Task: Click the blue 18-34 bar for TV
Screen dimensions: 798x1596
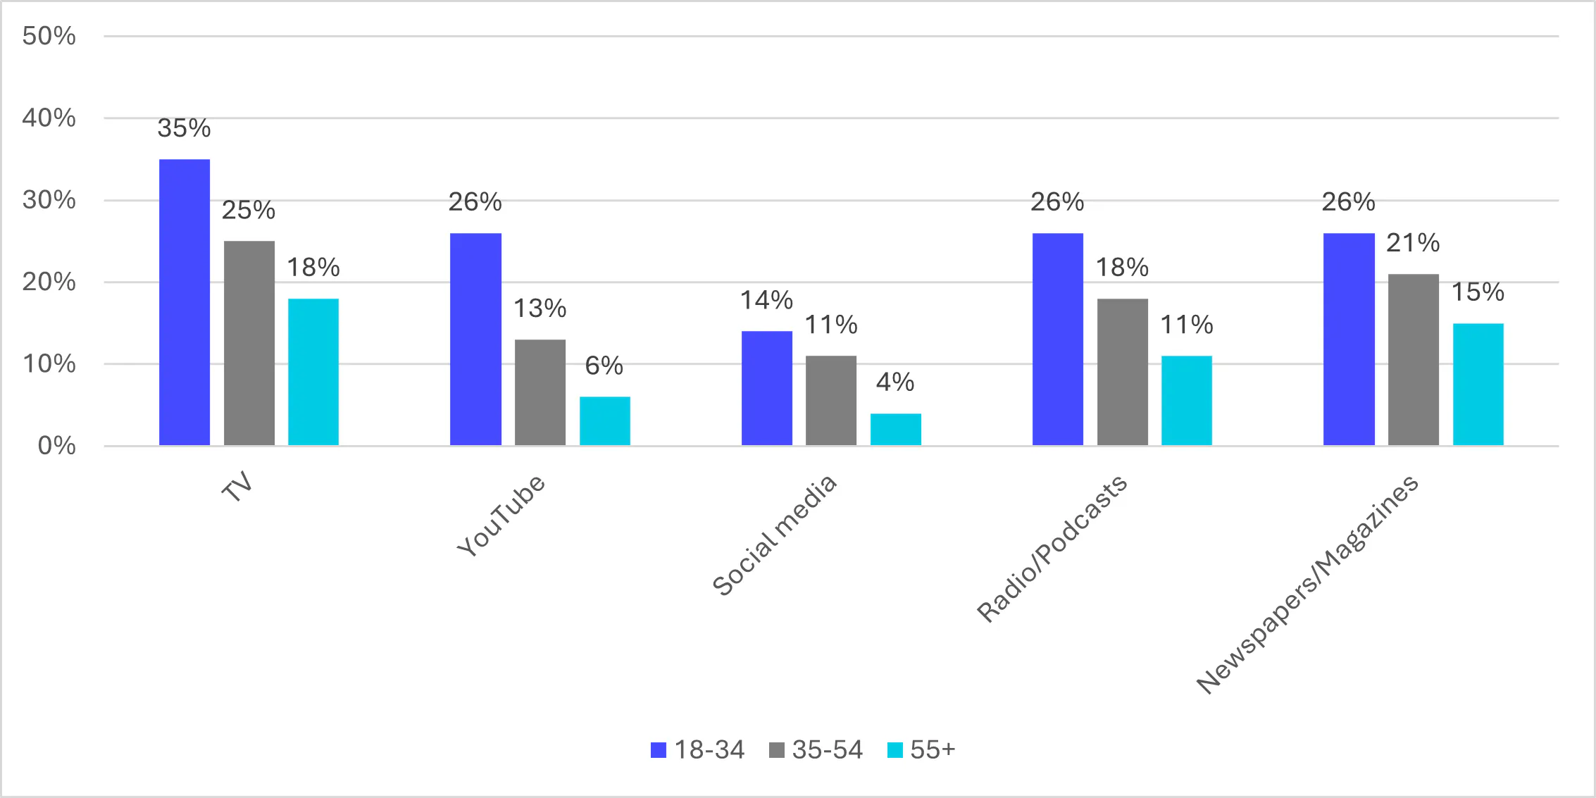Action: (x=185, y=302)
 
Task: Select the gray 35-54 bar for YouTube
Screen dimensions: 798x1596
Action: (x=540, y=392)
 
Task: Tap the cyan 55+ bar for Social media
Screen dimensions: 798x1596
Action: (x=896, y=429)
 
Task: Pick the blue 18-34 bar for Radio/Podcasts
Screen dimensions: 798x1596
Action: (x=1058, y=339)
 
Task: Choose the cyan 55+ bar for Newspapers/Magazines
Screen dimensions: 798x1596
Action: (x=1478, y=384)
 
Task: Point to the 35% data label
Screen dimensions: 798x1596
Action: (x=184, y=128)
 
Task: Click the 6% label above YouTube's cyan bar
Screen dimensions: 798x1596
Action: (x=604, y=366)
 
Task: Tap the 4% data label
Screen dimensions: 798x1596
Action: (x=895, y=382)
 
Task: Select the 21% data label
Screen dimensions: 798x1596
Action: (x=1413, y=243)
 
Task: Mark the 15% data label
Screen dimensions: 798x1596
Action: (x=1478, y=292)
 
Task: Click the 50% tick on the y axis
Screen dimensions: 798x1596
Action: (x=49, y=36)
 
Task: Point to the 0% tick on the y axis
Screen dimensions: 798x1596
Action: (x=56, y=445)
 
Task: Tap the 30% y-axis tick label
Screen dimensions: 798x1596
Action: (x=49, y=200)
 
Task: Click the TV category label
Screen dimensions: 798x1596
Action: (x=237, y=487)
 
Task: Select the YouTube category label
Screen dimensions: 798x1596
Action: (x=501, y=515)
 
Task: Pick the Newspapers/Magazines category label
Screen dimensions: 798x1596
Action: (x=1307, y=584)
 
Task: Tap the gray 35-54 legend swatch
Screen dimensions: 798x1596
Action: (x=777, y=750)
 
